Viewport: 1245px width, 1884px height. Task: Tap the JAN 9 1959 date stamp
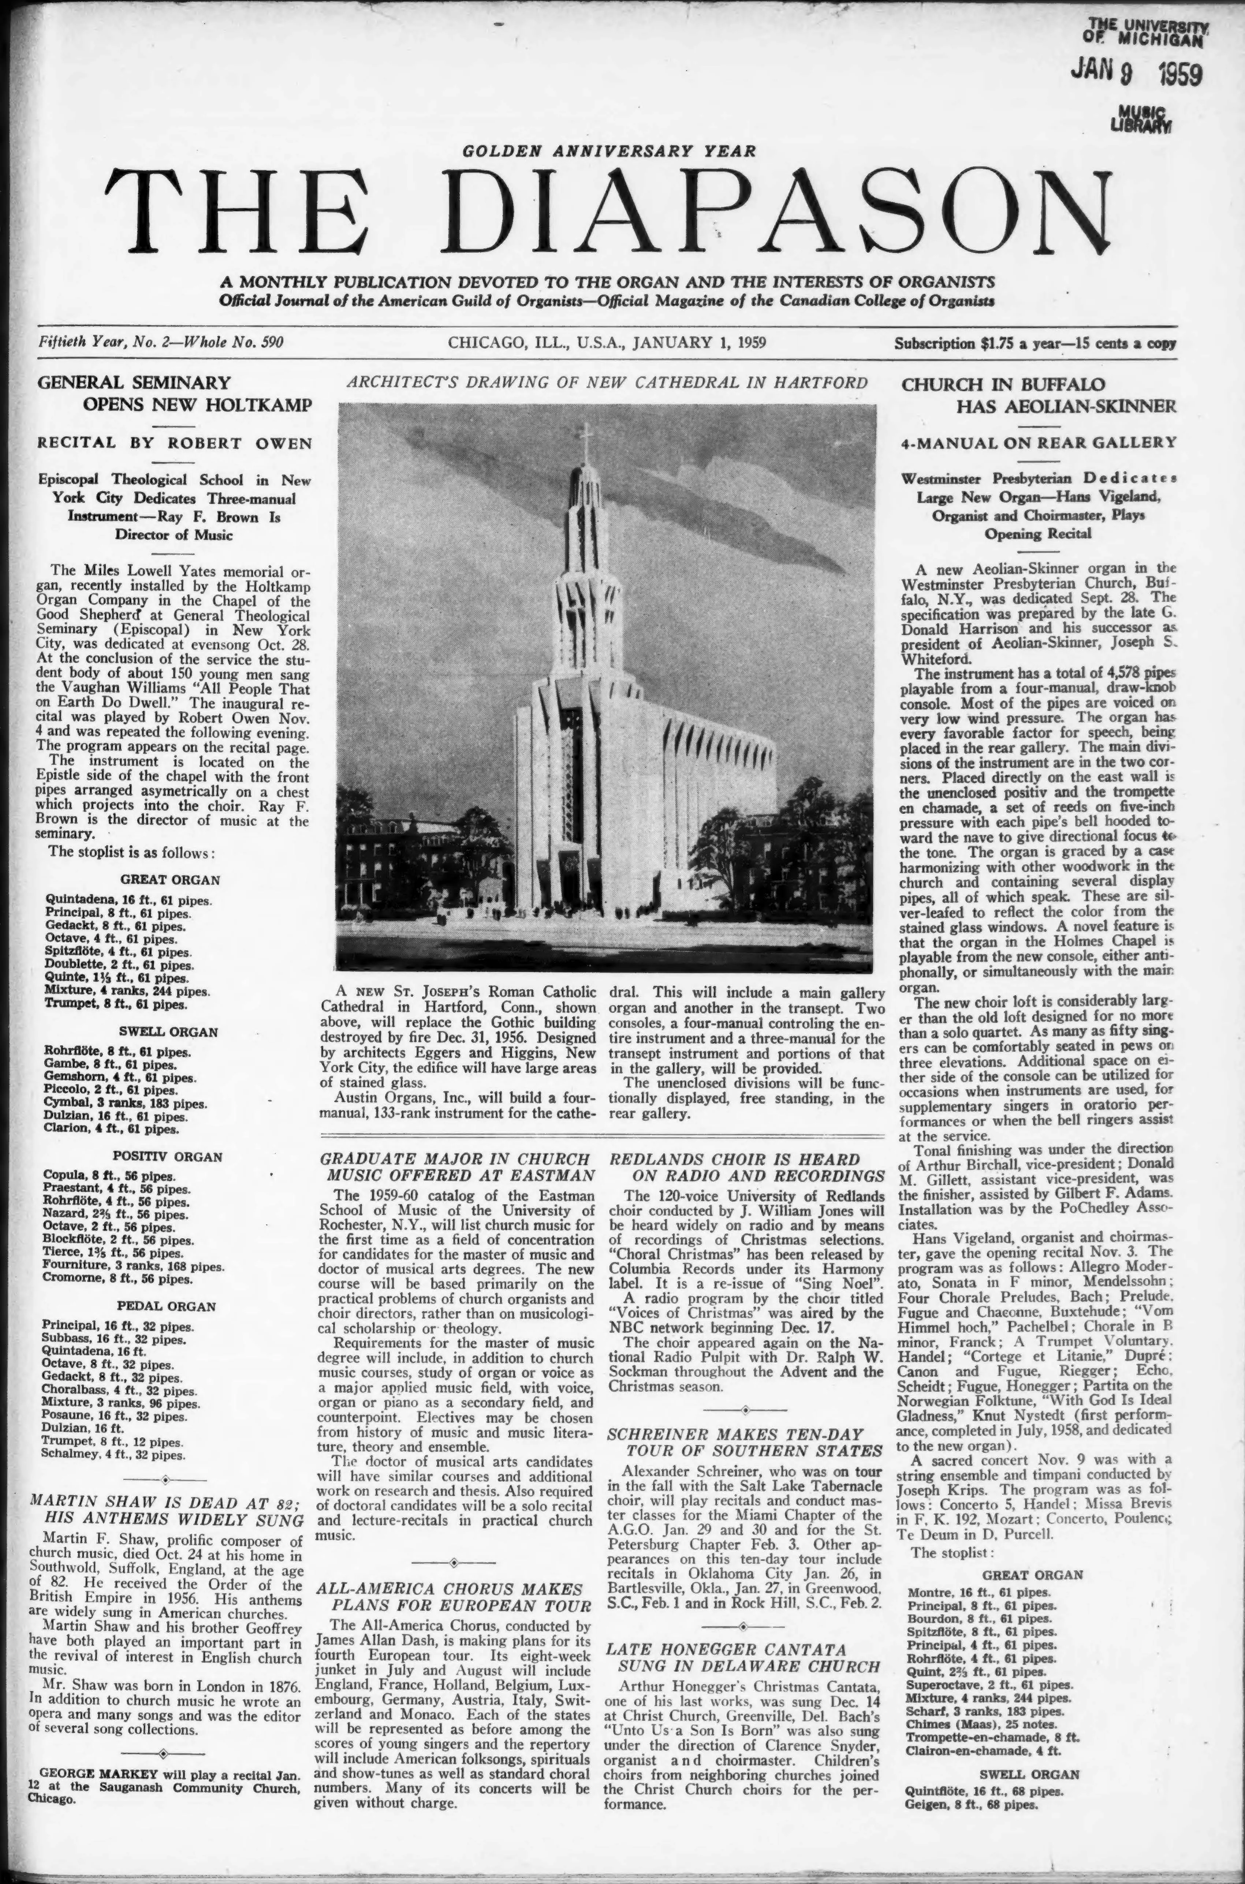pyautogui.click(x=1137, y=72)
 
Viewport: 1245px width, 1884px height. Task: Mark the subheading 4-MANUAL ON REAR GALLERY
pyautogui.click(x=1038, y=443)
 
